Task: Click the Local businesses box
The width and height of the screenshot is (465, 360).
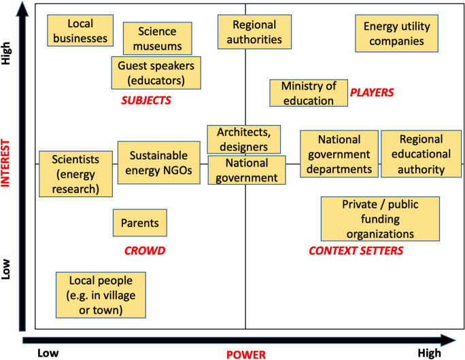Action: click(80, 31)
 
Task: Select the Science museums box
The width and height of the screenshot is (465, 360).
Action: click(157, 39)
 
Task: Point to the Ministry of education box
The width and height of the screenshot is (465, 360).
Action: click(309, 93)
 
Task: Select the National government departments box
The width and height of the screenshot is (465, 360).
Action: click(339, 154)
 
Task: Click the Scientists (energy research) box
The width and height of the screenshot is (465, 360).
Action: click(75, 174)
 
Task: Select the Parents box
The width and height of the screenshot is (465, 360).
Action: click(139, 223)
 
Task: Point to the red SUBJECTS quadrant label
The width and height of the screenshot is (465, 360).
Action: click(145, 101)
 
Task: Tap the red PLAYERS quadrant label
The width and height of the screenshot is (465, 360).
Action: click(372, 92)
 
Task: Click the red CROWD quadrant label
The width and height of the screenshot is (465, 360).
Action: click(145, 251)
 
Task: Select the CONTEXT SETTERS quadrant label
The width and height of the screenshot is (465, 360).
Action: click(356, 251)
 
